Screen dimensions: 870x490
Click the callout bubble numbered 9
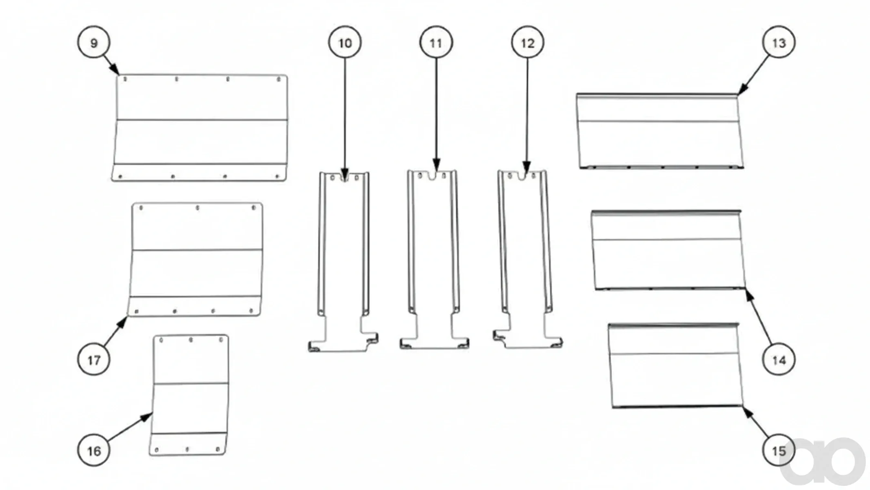[94, 42]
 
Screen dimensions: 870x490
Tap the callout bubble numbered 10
[345, 42]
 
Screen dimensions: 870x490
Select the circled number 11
[436, 42]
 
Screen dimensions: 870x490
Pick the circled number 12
[528, 42]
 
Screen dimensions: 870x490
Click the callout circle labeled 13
[779, 42]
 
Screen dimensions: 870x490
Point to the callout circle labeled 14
[779, 360]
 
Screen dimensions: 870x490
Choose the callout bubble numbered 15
[779, 451]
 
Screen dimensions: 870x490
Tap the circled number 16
[94, 451]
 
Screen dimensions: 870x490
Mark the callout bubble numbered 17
[94, 360]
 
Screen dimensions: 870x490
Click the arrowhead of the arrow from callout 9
[115, 70]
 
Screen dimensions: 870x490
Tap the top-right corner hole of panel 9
[279, 79]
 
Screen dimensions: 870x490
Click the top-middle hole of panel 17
[198, 208]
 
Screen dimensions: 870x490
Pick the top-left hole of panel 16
[161, 340]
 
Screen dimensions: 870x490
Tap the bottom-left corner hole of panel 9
[120, 177]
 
